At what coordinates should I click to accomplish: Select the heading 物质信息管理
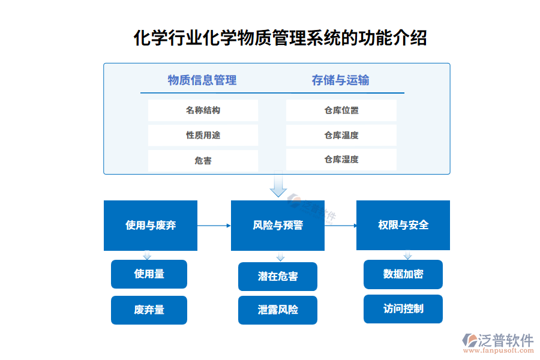(x=202, y=80)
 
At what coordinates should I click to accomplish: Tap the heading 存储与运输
(x=340, y=80)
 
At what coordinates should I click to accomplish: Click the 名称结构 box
(x=203, y=110)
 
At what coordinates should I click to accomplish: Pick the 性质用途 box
(x=203, y=136)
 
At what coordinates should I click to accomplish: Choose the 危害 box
(x=203, y=160)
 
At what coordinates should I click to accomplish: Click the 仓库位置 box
(x=341, y=110)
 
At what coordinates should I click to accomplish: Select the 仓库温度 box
(x=341, y=136)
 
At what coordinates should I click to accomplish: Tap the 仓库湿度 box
(x=341, y=160)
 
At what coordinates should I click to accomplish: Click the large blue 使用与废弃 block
(x=151, y=226)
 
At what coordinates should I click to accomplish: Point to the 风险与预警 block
(x=277, y=226)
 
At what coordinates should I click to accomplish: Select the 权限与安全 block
(x=403, y=225)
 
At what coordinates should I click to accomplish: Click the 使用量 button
(x=149, y=274)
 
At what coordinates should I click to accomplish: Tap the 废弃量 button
(x=149, y=310)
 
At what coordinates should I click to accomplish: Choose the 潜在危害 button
(x=277, y=277)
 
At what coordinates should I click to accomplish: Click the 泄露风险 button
(x=277, y=310)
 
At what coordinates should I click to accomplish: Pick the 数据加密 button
(x=403, y=274)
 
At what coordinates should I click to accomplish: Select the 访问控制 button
(x=403, y=309)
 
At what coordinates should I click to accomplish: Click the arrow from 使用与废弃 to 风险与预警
(x=214, y=226)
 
